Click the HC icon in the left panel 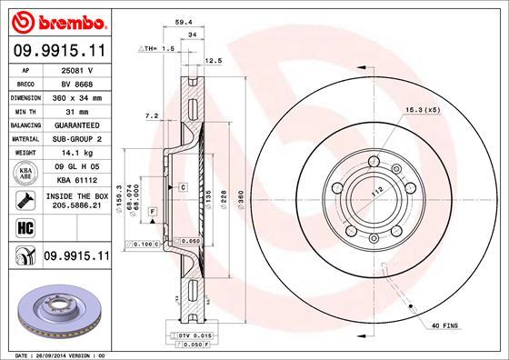click(21, 226)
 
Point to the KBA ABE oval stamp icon click(21, 174)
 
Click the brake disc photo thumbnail click(55, 310)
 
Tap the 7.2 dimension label click(151, 116)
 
